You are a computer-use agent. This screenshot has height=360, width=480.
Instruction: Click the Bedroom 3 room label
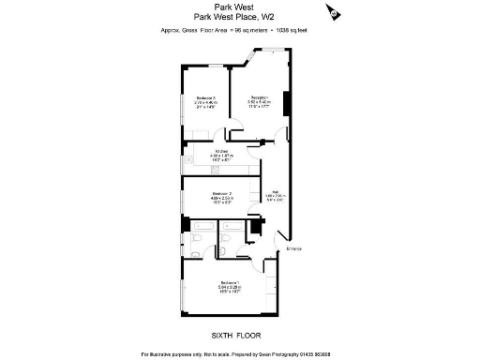click(x=205, y=98)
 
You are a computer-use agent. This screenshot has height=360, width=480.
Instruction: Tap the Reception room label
click(x=258, y=98)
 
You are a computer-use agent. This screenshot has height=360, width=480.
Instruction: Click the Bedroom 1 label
click(x=231, y=282)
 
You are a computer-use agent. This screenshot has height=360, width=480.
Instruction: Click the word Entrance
click(x=293, y=248)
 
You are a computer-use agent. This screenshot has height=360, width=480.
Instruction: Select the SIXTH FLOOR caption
click(x=235, y=335)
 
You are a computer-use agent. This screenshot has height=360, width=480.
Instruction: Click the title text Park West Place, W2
click(x=235, y=15)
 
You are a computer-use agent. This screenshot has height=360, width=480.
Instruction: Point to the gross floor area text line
click(x=235, y=30)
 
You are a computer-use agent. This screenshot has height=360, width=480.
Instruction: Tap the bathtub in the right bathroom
click(x=232, y=225)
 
